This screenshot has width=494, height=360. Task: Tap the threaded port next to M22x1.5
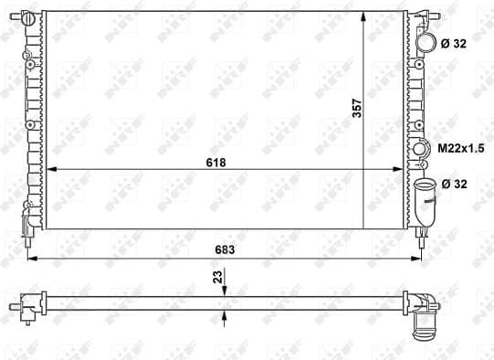(420, 149)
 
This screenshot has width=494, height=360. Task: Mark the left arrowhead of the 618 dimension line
(49, 170)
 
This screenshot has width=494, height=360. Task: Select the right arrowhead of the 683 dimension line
(425, 259)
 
